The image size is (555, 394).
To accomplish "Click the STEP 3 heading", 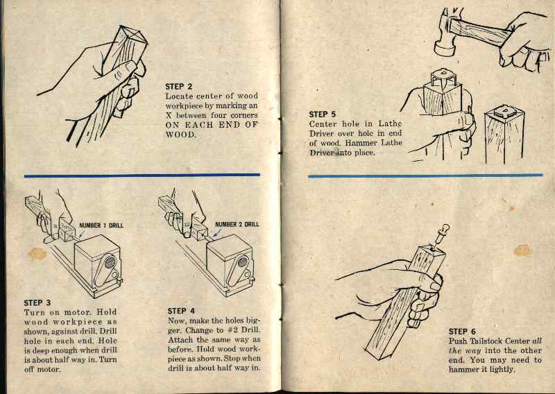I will (x=37, y=302).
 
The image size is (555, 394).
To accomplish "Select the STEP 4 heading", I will (x=182, y=311).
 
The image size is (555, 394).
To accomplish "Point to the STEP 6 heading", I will (x=463, y=332).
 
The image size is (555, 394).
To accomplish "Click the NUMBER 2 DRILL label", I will (x=237, y=225).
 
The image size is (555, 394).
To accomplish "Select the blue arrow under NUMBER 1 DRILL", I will (x=81, y=234).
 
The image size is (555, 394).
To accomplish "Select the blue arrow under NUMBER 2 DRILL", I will (x=216, y=234).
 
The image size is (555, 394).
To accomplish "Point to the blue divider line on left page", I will (x=142, y=175).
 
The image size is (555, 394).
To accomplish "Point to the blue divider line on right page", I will (x=430, y=175).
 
